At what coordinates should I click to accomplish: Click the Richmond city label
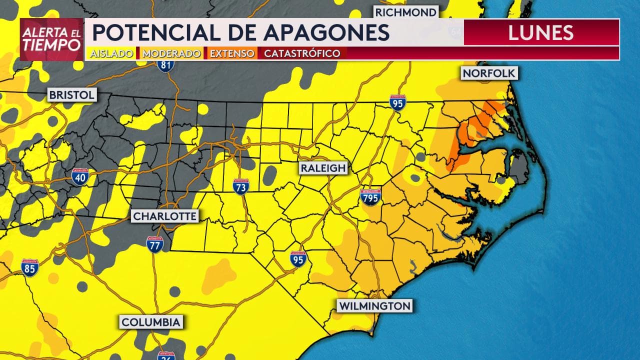(406, 12)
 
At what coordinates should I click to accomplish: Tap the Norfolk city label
(488, 73)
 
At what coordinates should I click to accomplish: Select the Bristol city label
(72, 95)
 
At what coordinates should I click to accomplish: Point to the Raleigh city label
(323, 168)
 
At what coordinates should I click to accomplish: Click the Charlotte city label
(164, 216)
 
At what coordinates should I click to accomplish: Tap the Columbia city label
(150, 321)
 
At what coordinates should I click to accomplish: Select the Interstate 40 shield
(80, 176)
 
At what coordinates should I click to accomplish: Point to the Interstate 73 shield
(241, 187)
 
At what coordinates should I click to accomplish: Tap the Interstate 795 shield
(370, 197)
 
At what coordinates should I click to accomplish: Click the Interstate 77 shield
(155, 244)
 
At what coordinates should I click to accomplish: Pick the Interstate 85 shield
(30, 267)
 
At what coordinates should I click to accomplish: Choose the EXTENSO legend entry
(231, 53)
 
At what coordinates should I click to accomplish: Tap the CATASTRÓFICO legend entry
(302, 53)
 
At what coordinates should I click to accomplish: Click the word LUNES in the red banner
(540, 32)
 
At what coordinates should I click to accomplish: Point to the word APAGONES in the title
(326, 32)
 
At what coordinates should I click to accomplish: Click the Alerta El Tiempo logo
(51, 39)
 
